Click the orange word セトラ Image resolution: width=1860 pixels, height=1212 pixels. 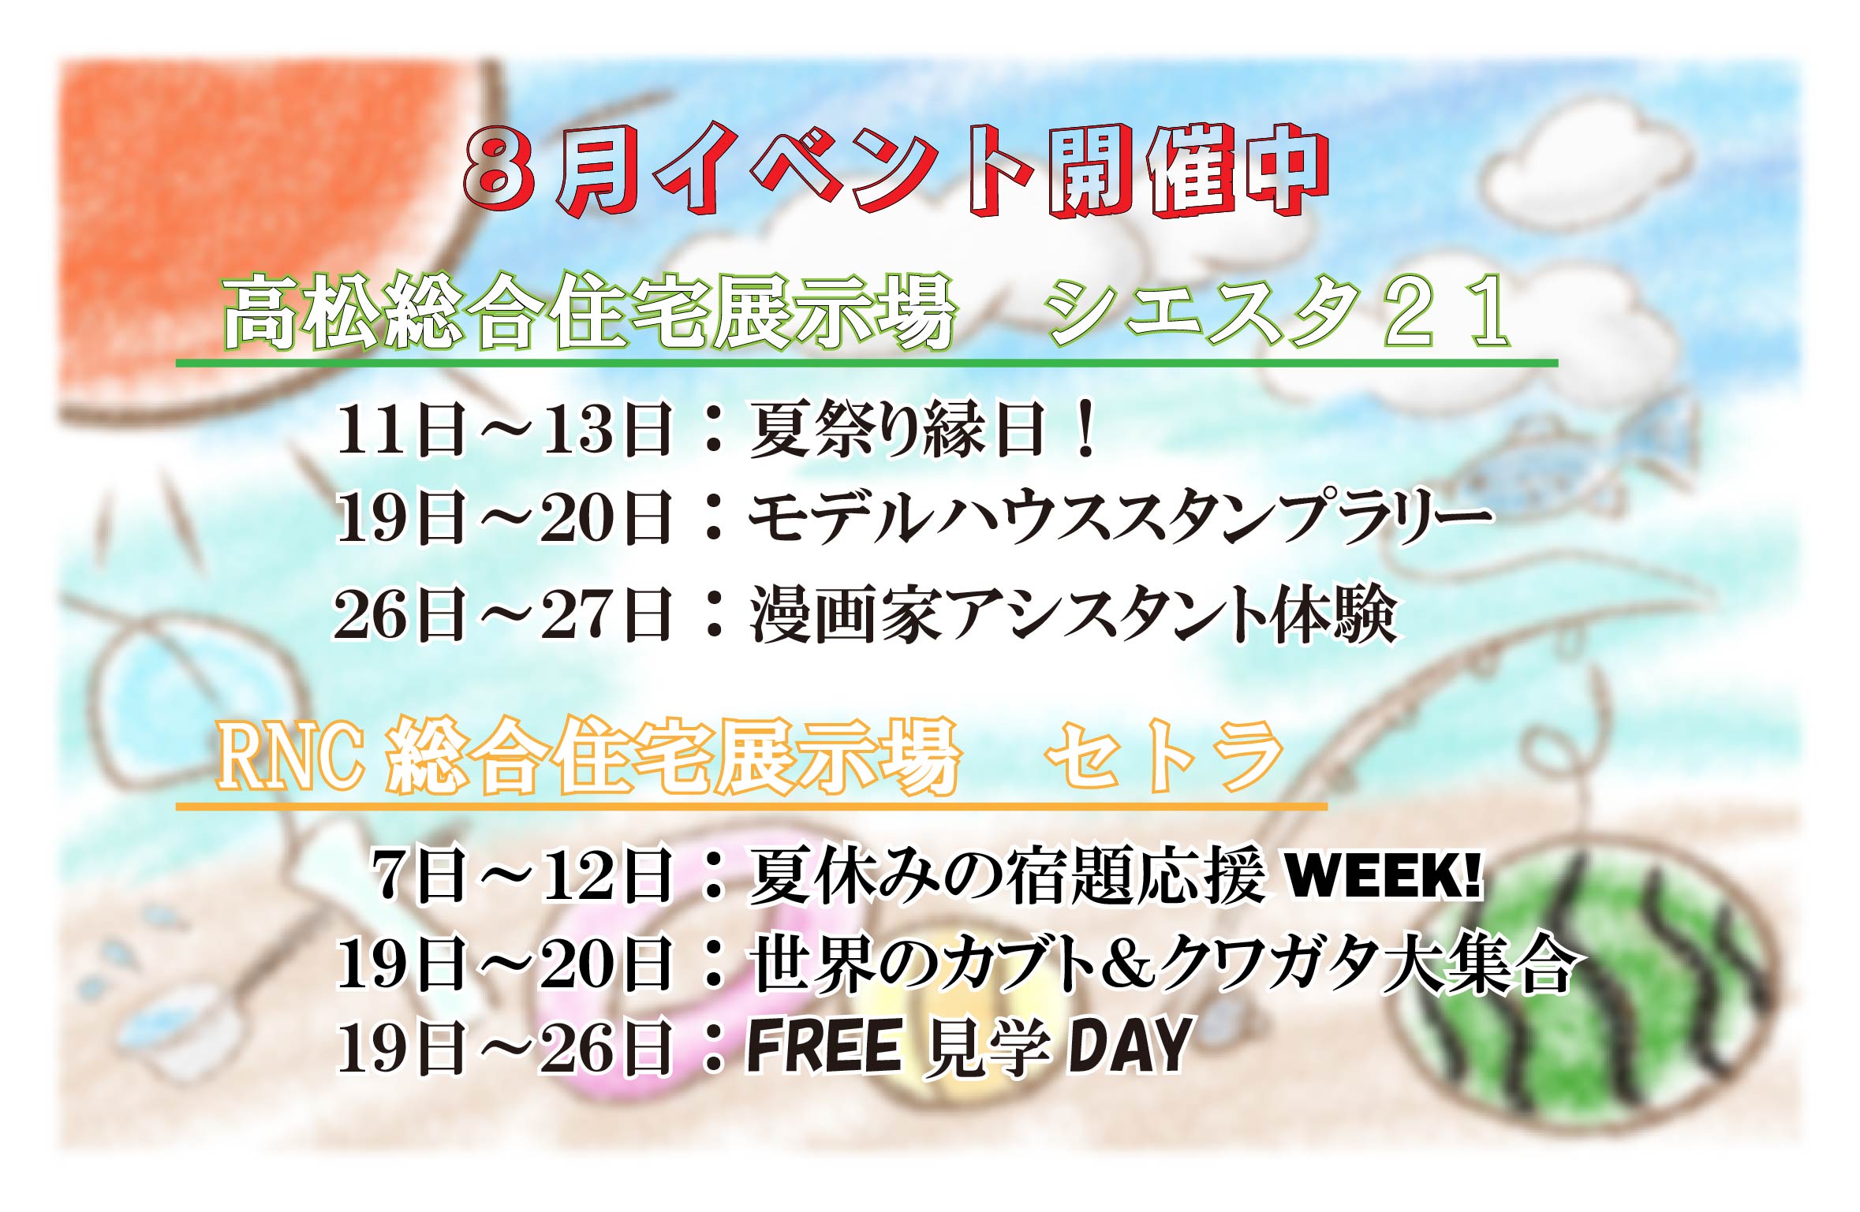point(1164,758)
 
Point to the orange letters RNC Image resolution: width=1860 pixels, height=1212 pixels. point(291,757)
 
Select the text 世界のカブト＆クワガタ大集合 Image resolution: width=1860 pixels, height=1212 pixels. point(1163,963)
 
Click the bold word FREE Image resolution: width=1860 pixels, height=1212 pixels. point(824,1046)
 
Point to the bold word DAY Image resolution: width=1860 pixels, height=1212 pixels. point(1130,1046)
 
